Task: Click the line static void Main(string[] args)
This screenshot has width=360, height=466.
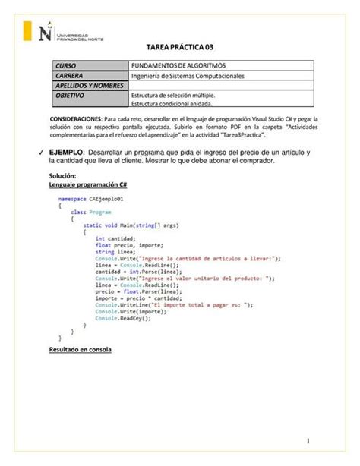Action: [x=131, y=225]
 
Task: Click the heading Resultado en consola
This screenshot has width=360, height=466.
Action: [x=80, y=351]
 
